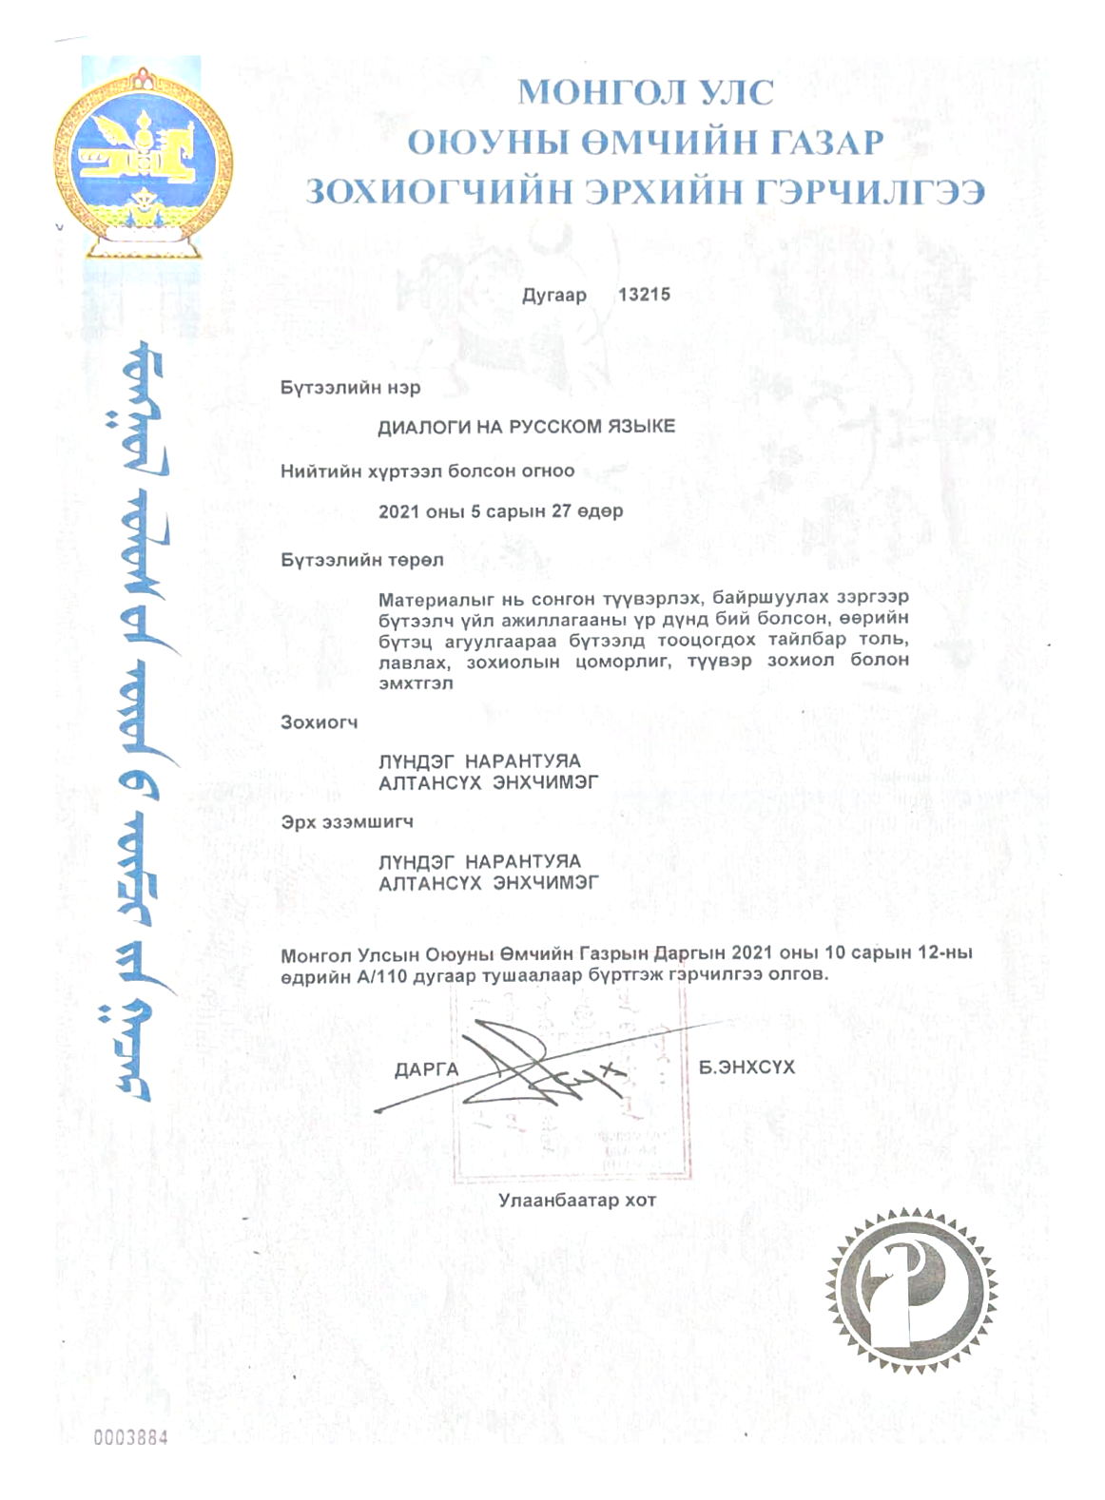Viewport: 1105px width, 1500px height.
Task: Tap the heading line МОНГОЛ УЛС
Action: click(x=646, y=93)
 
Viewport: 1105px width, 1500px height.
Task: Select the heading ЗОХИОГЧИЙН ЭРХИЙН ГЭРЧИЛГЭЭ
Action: click(x=645, y=192)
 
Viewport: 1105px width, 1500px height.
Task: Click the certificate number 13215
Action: click(x=644, y=295)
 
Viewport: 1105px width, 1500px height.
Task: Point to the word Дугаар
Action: click(x=554, y=296)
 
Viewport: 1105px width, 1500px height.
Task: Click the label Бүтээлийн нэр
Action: click(x=350, y=388)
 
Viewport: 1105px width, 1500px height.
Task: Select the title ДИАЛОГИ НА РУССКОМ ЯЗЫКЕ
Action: click(x=526, y=427)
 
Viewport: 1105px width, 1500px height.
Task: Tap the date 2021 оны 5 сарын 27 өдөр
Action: click(x=500, y=511)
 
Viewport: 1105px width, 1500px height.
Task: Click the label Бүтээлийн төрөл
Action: click(x=361, y=560)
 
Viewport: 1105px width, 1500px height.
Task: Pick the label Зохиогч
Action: click(x=319, y=722)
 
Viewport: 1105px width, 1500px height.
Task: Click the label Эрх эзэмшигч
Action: click(x=346, y=821)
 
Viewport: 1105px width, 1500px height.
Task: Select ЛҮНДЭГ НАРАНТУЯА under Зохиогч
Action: click(x=479, y=761)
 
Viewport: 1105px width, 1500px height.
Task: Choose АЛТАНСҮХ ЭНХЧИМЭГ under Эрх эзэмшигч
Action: click(x=489, y=883)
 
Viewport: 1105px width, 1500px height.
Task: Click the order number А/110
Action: click(x=382, y=974)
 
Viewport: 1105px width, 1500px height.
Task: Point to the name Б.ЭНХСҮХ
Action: click(x=746, y=1067)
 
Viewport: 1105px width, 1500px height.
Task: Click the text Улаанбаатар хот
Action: click(x=577, y=1201)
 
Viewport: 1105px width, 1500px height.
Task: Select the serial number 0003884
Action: click(x=130, y=1437)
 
